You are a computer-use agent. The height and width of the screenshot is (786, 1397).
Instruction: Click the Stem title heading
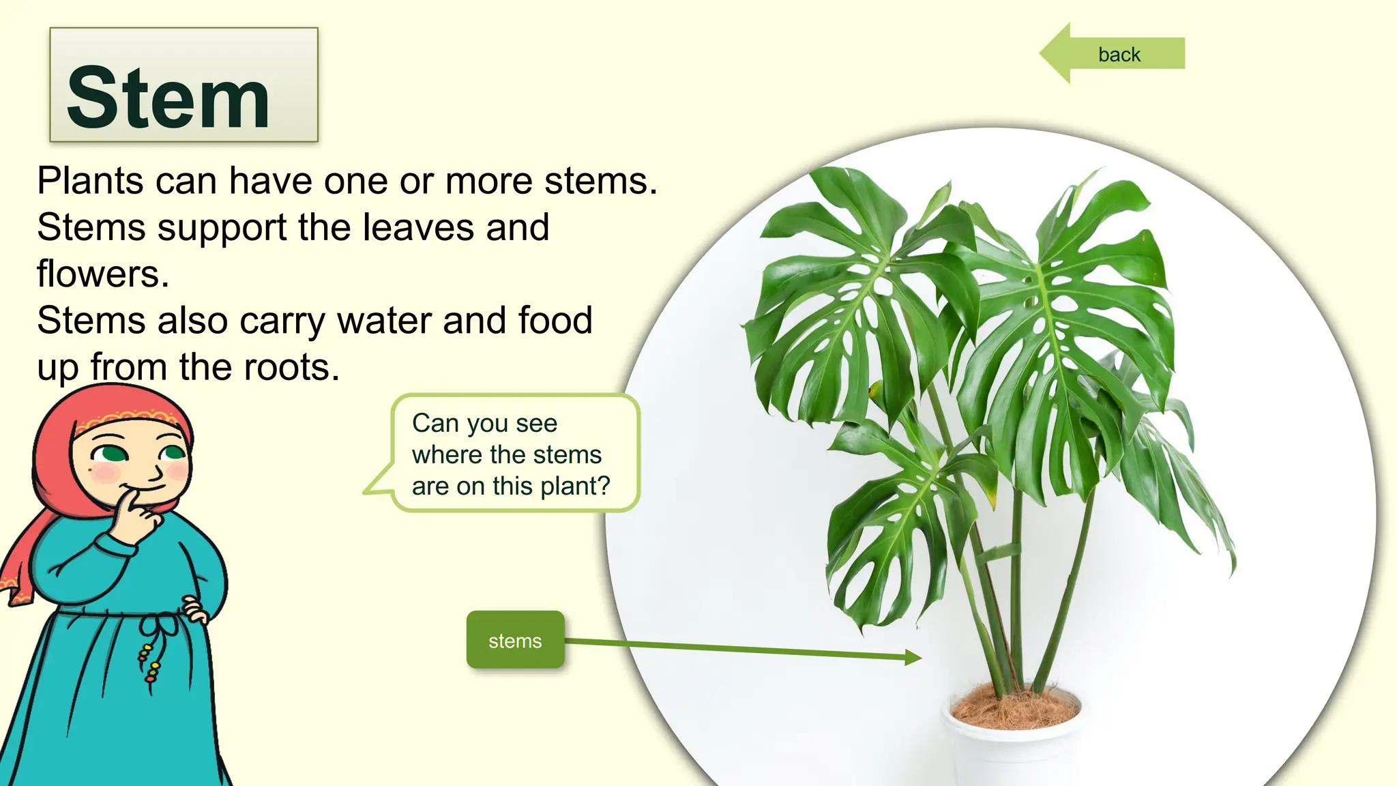tap(168, 98)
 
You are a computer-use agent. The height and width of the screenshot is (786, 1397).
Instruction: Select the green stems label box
tap(515, 640)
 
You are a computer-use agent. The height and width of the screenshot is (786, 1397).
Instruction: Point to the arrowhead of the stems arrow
tap(914, 657)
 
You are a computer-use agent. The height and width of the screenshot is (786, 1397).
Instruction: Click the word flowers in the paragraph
tap(102, 274)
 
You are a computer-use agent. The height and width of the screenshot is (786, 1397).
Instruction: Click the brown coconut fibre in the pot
tap(1015, 708)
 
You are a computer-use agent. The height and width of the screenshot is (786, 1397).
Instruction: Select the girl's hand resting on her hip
tap(194, 609)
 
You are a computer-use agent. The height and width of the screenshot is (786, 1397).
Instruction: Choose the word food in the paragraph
tap(555, 321)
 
